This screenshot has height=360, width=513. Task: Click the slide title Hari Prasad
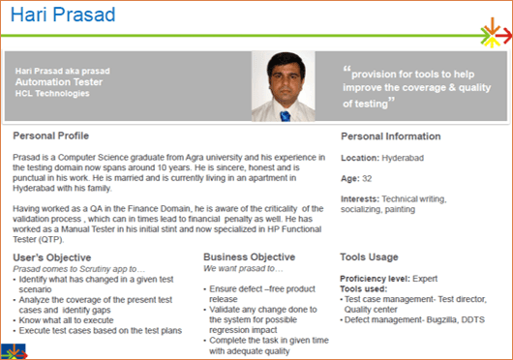(63, 15)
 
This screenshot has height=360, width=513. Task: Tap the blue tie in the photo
(285, 116)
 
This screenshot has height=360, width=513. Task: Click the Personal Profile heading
(50, 135)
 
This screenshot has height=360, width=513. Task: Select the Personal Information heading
(391, 136)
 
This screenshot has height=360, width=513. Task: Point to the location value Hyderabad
(403, 159)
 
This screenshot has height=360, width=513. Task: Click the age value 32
(367, 178)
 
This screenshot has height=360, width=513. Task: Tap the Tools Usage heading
(369, 257)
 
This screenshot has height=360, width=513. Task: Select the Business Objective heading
(250, 257)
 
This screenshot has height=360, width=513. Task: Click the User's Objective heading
(52, 257)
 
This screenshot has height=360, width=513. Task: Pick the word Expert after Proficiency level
(425, 279)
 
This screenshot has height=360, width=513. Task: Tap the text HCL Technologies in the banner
(52, 94)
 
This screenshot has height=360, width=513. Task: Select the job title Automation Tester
(59, 82)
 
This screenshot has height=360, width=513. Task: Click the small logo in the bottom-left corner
(14, 351)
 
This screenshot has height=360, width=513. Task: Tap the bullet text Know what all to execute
(66, 320)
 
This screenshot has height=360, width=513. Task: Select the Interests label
(360, 199)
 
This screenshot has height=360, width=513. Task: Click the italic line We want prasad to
(243, 269)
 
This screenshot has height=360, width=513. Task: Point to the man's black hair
(286, 62)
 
